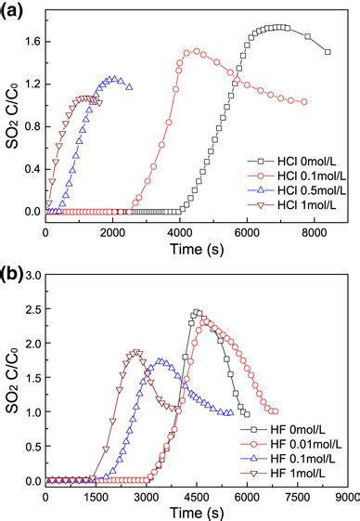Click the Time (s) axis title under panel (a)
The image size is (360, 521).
click(x=195, y=247)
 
